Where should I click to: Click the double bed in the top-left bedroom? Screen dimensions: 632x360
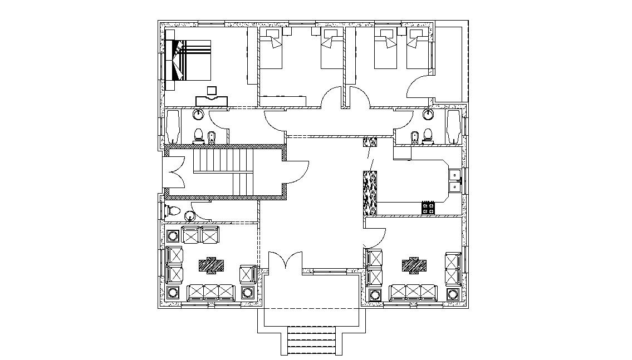(189, 60)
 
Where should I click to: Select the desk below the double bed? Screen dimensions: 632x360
(212, 101)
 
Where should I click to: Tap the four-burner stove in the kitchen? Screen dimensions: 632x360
(428, 208)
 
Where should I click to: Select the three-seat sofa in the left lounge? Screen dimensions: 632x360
(211, 292)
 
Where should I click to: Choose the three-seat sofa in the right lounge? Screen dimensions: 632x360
(414, 292)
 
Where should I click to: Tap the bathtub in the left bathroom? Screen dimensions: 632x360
(172, 127)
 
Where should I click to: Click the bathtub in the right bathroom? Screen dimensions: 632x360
(453, 127)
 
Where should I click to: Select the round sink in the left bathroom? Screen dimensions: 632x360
(199, 115)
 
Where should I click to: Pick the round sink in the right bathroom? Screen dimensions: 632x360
(428, 115)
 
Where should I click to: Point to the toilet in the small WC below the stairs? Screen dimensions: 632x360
(172, 211)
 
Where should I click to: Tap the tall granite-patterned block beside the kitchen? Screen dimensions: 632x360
(370, 194)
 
